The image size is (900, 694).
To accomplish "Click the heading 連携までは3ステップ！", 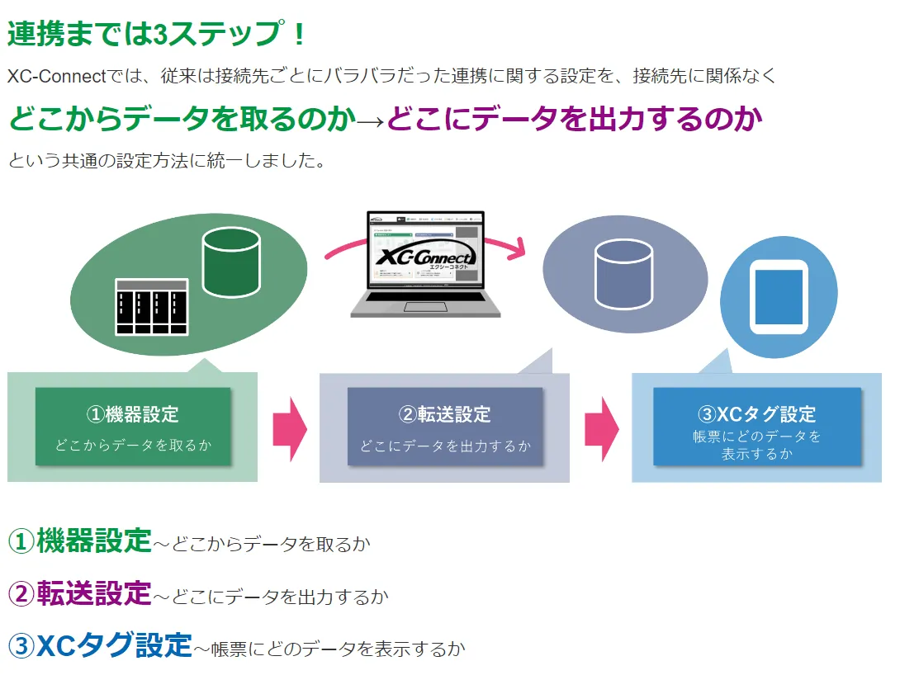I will [157, 34].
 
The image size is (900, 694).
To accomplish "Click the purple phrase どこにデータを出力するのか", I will [574, 120].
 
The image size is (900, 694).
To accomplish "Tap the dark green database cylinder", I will [231, 262].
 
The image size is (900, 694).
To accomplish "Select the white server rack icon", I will [151, 306].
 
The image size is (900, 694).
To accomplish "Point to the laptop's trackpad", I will [424, 308].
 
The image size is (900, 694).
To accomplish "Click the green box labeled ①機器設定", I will [133, 427].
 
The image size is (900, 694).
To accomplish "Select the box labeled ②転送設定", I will [445, 427].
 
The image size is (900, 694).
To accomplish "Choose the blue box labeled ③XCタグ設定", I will [756, 427].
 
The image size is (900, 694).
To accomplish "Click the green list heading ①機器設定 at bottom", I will [80, 541].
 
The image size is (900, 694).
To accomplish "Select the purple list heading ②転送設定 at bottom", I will [80, 593].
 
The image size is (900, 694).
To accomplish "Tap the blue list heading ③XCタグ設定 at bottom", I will [100, 645].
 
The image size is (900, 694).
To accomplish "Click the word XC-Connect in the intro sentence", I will [57, 77].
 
